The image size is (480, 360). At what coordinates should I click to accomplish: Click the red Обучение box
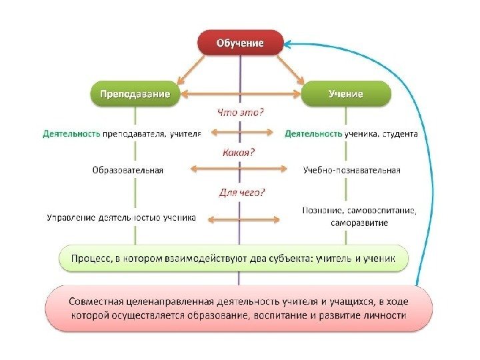[x=239, y=43]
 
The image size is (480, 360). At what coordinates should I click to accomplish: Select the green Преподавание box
[x=135, y=94]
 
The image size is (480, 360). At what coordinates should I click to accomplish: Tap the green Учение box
[x=345, y=94]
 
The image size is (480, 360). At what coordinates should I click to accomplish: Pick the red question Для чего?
[x=242, y=193]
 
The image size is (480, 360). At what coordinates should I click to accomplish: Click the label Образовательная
[x=127, y=170]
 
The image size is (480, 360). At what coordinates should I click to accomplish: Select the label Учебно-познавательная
[x=352, y=170]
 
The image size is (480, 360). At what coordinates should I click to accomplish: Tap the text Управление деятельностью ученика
[x=121, y=217]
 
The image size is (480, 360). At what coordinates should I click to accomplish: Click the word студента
[x=400, y=134]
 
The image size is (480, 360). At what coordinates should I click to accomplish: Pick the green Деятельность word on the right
[x=314, y=134]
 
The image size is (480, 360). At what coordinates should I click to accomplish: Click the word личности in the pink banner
[x=386, y=315]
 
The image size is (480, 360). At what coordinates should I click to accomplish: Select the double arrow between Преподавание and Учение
[x=241, y=94]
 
